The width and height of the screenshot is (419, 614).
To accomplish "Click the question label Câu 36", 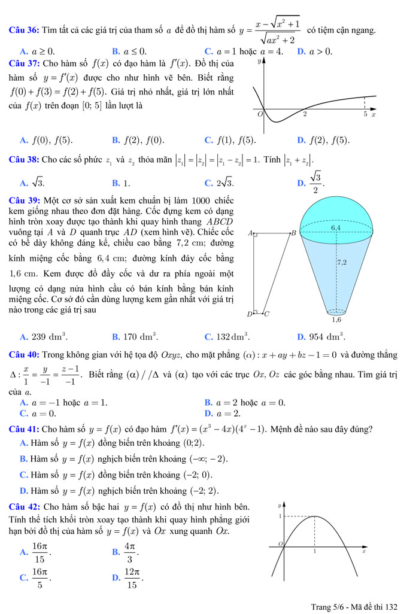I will (23, 30).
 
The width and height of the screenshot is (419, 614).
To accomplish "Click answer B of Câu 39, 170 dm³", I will (135, 336).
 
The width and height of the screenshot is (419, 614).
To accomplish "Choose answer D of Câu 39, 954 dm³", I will (321, 336).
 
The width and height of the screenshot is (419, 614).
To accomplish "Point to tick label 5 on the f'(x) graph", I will (365, 114).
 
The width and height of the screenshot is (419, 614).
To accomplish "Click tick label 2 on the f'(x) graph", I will (305, 114).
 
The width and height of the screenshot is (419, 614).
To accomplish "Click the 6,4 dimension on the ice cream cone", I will (336, 227).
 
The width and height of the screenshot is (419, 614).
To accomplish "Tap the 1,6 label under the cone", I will (336, 320).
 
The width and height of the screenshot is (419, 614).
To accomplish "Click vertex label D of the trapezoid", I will (250, 314).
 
